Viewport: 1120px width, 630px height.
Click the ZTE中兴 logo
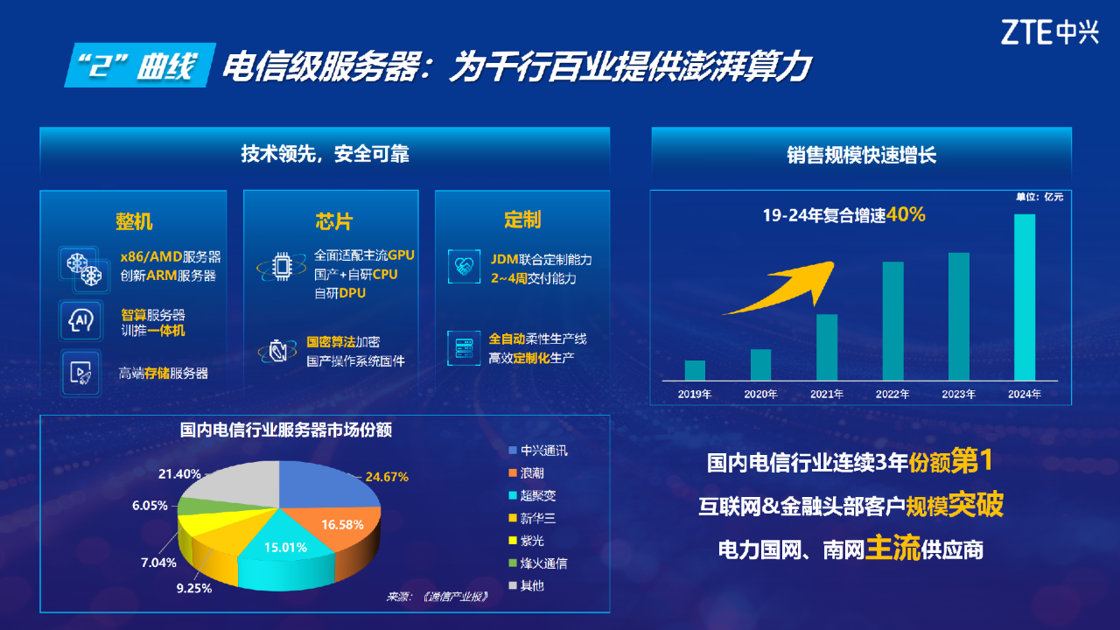pyautogui.click(x=1049, y=32)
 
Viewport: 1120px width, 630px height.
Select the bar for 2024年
pyautogui.click(x=1025, y=297)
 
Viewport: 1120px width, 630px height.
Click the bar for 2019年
pyautogui.click(x=695, y=370)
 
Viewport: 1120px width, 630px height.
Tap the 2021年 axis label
pyautogui.click(x=827, y=394)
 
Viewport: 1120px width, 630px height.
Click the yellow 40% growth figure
pyautogui.click(x=906, y=214)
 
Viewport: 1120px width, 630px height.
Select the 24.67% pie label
pyautogui.click(x=387, y=477)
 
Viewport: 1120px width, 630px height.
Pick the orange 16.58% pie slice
pyautogui.click(x=345, y=525)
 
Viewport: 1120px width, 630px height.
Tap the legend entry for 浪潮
pyautogui.click(x=526, y=473)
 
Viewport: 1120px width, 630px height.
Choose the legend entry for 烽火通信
pyautogui.click(x=538, y=563)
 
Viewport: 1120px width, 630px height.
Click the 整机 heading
pyautogui.click(x=134, y=221)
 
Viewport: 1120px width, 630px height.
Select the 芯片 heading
pyautogui.click(x=333, y=221)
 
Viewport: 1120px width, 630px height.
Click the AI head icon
pyautogui.click(x=80, y=320)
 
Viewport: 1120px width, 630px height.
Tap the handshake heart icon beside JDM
pyautogui.click(x=464, y=267)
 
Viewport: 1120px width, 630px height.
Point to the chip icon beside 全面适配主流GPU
pyautogui.click(x=282, y=267)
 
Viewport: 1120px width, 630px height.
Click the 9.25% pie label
pyautogui.click(x=194, y=588)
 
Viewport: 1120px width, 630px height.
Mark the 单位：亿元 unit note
pyautogui.click(x=1039, y=197)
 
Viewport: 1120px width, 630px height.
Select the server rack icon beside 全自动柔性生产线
pyautogui.click(x=464, y=348)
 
